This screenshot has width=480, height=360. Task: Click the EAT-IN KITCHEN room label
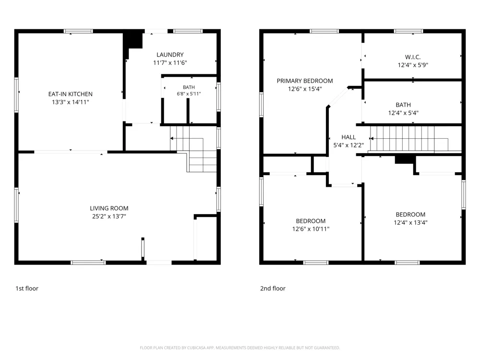coord(71,94)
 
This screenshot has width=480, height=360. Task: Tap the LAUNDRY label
coord(170,55)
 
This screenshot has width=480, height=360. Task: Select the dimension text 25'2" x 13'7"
coord(109,216)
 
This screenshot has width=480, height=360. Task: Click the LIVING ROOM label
coord(109,208)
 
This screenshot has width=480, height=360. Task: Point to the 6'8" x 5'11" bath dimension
coord(189,94)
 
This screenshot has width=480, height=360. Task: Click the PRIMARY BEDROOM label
coord(305,81)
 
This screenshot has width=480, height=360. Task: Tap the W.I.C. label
coord(413,57)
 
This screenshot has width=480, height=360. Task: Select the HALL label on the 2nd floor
coord(348,137)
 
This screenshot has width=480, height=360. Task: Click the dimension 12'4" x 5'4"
coord(403,113)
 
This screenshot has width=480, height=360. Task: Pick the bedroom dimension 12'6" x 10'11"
coord(311,228)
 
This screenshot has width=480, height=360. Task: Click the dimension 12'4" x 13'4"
coord(410,223)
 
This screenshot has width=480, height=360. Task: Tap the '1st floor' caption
coord(27,288)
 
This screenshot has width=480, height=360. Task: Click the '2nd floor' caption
coord(273,288)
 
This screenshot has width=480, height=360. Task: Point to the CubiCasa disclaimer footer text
coord(240,348)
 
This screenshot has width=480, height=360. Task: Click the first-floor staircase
coord(193,149)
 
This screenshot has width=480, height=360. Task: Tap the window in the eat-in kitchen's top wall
coord(78,31)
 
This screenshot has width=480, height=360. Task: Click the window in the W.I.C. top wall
coord(408,31)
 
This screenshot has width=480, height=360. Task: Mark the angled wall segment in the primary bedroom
coord(338,97)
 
